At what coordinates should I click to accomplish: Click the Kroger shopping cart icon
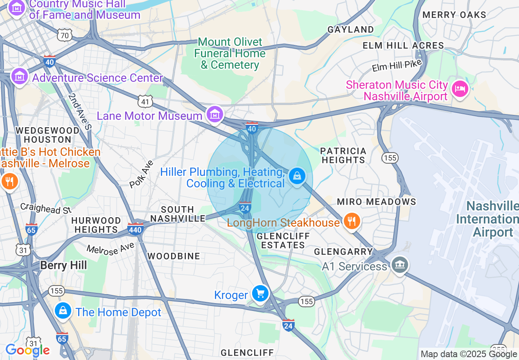click(x=260, y=294)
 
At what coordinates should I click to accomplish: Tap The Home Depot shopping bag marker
click(x=63, y=311)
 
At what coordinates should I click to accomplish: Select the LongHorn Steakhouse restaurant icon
click(x=352, y=221)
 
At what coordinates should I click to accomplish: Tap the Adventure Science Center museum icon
click(x=19, y=76)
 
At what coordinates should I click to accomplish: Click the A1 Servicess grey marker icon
click(x=399, y=265)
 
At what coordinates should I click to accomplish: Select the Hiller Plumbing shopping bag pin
click(x=297, y=176)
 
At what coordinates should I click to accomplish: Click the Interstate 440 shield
click(x=135, y=228)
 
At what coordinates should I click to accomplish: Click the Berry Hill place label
click(x=63, y=265)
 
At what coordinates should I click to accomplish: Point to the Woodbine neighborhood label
click(x=174, y=256)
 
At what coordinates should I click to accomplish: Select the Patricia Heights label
click(x=343, y=155)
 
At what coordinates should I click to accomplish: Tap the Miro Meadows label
click(x=376, y=202)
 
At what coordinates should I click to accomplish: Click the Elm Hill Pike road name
click(x=397, y=65)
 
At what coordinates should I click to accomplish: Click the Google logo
click(x=27, y=350)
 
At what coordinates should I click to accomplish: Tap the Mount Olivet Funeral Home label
click(x=230, y=54)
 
